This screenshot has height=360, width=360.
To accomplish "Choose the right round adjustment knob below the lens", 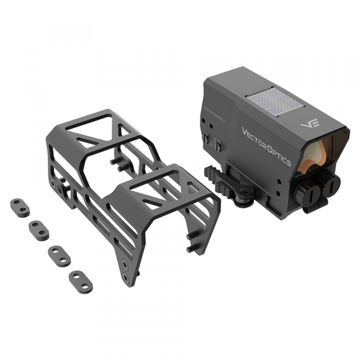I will click(329, 181).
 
